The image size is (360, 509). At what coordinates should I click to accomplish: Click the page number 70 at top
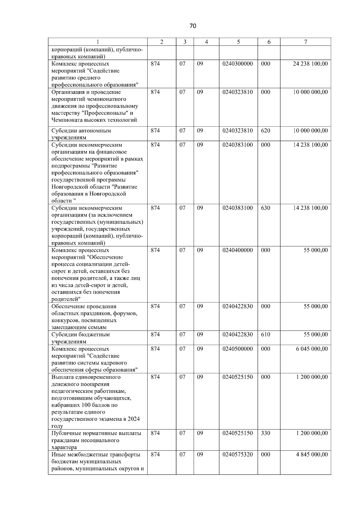click(193, 26)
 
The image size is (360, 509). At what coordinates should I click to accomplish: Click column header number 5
click(238, 42)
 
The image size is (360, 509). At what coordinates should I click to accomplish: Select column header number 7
click(305, 42)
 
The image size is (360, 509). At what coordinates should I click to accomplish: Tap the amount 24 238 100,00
click(310, 64)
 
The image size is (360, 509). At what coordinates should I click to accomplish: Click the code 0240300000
click(238, 64)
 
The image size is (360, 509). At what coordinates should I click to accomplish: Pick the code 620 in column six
click(265, 131)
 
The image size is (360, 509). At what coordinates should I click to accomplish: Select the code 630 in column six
click(265, 208)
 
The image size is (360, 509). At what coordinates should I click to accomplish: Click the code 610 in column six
click(265, 335)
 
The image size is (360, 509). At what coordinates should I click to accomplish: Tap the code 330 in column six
click(265, 433)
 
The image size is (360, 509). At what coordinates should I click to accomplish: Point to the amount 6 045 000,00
click(312, 349)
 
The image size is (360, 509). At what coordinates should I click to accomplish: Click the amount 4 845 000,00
click(312, 455)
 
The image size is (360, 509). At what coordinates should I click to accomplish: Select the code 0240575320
click(238, 455)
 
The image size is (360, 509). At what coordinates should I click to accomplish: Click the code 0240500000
click(238, 349)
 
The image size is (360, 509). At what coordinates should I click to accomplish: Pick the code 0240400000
click(238, 250)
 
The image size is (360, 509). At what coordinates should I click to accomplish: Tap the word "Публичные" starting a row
click(65, 433)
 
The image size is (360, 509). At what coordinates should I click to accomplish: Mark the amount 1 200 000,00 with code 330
click(312, 433)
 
